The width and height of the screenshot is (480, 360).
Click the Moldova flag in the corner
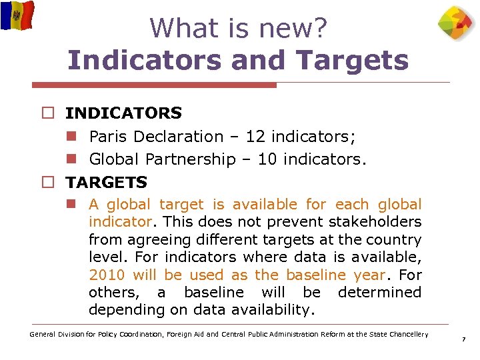coord(17,15)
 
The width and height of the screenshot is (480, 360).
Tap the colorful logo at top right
coord(457,23)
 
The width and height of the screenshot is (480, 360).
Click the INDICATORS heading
coord(123,113)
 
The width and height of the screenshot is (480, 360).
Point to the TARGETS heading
coord(106,182)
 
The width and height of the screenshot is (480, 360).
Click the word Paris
coord(109,137)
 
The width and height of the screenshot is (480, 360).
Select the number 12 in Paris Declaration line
coord(255,137)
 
